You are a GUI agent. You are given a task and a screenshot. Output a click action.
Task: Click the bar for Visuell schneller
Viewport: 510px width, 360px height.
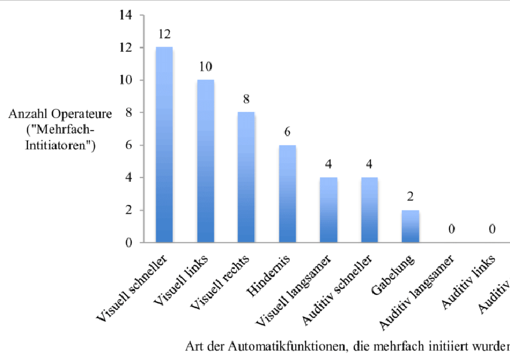(x=164, y=144)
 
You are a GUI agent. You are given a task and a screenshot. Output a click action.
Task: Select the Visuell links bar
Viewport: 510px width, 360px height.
(x=206, y=161)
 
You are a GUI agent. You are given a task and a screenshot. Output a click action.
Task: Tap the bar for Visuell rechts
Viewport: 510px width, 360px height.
(x=246, y=177)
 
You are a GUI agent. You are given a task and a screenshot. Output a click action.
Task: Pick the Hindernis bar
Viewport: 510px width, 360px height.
(x=287, y=193)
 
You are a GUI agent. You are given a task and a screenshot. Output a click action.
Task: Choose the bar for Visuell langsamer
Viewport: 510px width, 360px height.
(x=328, y=209)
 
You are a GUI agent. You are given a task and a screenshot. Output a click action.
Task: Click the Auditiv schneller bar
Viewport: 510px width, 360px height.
(x=369, y=209)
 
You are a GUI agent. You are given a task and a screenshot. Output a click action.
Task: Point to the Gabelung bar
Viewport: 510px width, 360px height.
(x=410, y=226)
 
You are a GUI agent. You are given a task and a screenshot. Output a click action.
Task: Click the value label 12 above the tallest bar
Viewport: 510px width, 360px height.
(x=164, y=33)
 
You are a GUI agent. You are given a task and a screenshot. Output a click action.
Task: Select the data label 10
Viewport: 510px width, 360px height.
(x=206, y=66)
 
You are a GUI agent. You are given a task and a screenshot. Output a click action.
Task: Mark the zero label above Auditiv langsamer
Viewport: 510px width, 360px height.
(x=451, y=229)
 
